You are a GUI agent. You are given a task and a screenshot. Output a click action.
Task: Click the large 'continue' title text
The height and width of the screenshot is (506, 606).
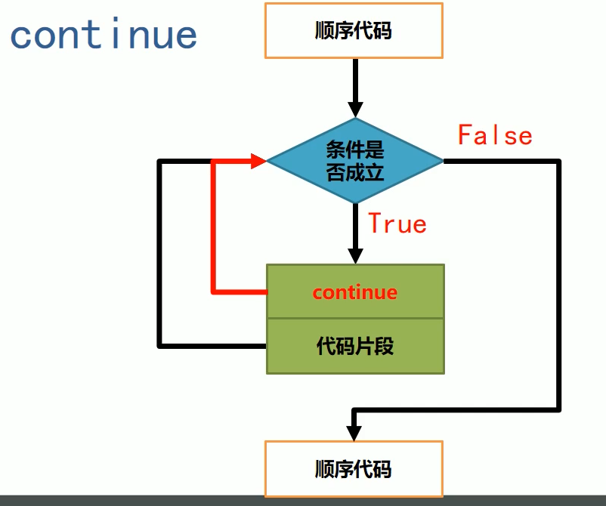[104, 34]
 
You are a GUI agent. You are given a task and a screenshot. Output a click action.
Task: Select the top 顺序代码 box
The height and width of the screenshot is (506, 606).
[354, 31]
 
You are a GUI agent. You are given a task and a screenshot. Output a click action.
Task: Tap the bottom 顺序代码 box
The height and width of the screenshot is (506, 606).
[354, 468]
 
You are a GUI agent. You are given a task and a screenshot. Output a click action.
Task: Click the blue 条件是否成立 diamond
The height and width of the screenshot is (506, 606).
[354, 160]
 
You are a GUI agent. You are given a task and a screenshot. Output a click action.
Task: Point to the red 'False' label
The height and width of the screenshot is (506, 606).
[495, 135]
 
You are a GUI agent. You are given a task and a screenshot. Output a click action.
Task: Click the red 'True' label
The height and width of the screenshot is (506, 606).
[397, 224]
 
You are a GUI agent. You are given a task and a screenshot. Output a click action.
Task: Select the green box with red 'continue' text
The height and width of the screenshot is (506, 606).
[355, 292]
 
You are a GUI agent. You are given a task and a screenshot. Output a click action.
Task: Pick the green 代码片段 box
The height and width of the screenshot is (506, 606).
[355, 347]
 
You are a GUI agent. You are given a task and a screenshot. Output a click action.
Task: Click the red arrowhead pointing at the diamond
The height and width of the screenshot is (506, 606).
[257, 160]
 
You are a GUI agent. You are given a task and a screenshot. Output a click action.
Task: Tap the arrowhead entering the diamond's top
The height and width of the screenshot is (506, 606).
[354, 107]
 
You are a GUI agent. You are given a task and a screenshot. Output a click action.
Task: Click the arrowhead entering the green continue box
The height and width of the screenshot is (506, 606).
[354, 255]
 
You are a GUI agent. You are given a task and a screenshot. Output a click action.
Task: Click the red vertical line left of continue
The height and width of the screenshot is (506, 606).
[215, 227]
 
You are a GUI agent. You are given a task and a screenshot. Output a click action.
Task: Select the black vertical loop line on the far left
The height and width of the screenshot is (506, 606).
[159, 253]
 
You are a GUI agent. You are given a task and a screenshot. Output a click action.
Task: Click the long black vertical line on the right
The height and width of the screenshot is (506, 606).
[559, 287]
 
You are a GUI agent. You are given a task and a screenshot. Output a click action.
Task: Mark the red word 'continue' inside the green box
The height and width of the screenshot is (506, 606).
[354, 292]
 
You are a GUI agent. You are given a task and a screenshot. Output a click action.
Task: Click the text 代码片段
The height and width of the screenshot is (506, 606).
[354, 347]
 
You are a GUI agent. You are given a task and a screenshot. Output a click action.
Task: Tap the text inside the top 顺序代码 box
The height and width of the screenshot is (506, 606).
[354, 31]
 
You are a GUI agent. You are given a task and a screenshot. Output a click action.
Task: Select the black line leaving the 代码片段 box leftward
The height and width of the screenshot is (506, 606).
[212, 346]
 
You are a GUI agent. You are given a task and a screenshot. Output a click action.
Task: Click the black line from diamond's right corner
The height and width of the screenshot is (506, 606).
[502, 161]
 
